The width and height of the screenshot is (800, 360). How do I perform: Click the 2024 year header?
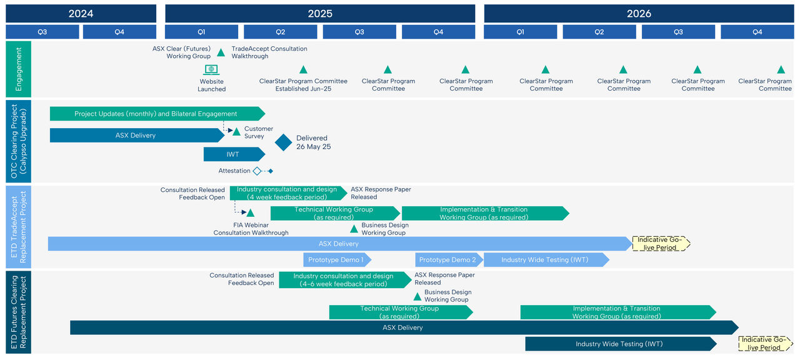(x=81, y=14)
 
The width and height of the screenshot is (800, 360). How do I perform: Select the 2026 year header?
(x=638, y=14)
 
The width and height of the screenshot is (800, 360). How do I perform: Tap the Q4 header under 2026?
(x=757, y=32)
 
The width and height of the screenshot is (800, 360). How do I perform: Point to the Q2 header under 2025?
(x=280, y=32)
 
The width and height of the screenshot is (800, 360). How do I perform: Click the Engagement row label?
(x=18, y=68)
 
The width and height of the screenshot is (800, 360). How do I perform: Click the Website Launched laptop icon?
(x=211, y=70)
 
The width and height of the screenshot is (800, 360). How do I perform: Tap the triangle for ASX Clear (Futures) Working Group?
(x=221, y=52)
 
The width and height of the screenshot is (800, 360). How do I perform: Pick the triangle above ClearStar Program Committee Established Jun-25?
(x=303, y=70)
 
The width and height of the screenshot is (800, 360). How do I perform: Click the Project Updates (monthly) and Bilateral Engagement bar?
(x=156, y=114)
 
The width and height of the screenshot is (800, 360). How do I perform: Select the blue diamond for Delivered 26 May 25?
(x=284, y=142)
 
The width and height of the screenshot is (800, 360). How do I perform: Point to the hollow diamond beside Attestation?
(x=256, y=171)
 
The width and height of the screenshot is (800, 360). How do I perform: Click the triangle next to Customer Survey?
(x=236, y=131)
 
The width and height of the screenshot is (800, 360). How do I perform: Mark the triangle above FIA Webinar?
(x=250, y=213)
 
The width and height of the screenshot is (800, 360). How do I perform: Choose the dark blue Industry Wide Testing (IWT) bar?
(x=620, y=344)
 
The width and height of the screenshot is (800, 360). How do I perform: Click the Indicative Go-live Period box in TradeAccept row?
(x=661, y=244)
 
